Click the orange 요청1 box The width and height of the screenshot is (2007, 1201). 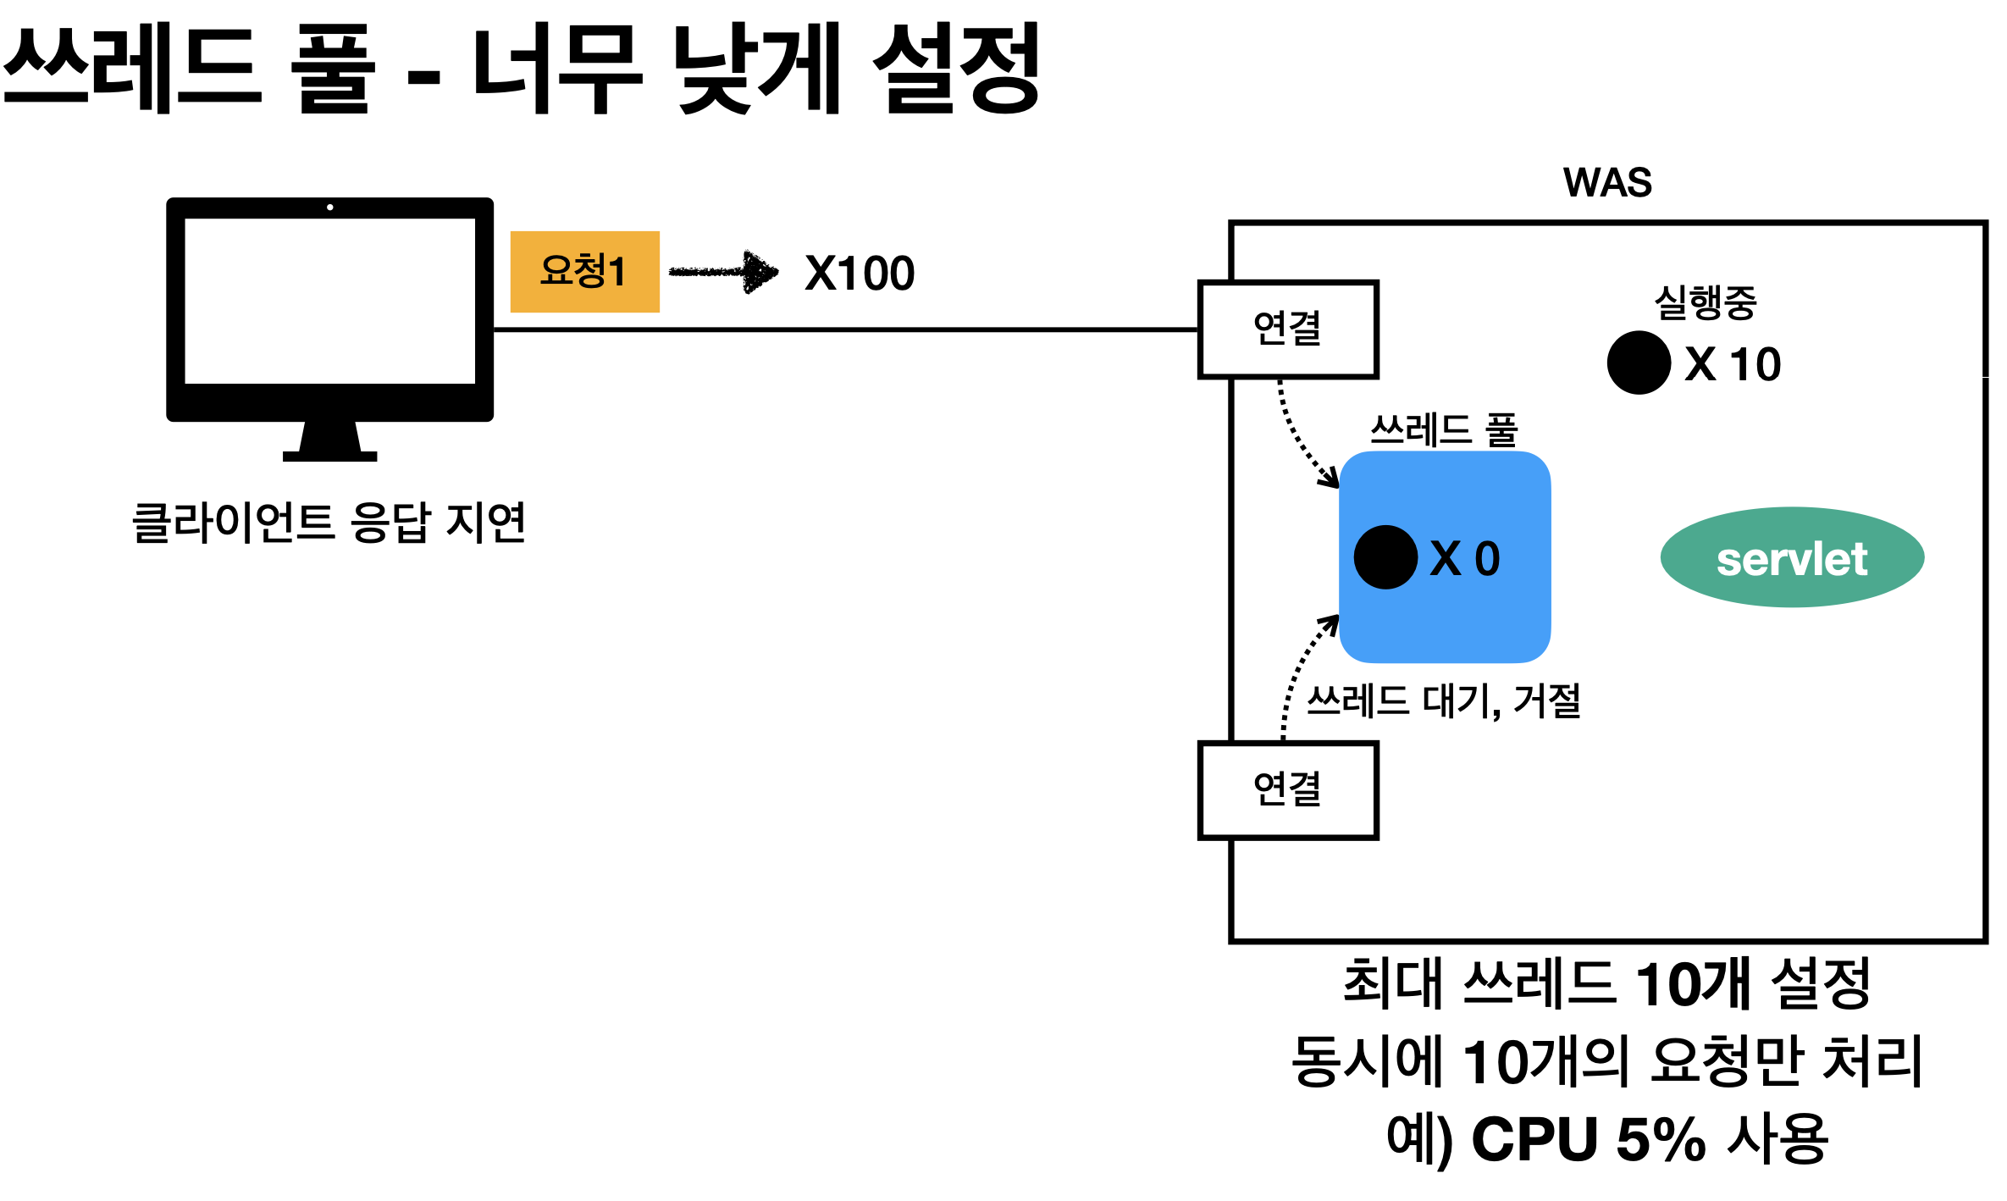point(584,272)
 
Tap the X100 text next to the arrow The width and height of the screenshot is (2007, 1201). point(859,274)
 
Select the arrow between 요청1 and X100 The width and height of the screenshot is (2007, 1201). point(724,272)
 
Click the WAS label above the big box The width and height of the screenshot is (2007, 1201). point(1606,183)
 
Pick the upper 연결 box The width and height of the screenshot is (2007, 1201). point(1287,329)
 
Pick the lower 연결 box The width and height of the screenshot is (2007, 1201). point(1287,790)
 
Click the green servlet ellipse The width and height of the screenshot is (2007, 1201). point(1792,557)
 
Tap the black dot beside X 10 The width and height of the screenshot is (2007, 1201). point(1639,363)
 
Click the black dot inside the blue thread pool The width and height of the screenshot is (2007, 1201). point(1385,557)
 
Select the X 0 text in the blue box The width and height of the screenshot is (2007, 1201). point(1465,559)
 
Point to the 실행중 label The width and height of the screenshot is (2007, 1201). point(1706,302)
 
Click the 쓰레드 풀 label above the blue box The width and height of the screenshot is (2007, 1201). point(1444,429)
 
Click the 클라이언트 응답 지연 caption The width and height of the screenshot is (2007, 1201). point(329,523)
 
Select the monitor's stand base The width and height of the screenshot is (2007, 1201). point(329,457)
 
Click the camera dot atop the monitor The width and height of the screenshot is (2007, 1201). point(329,208)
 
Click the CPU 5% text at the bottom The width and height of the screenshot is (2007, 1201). point(1588,1139)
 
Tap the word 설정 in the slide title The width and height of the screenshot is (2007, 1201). point(955,69)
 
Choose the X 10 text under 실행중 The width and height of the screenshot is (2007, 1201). point(1733,365)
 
